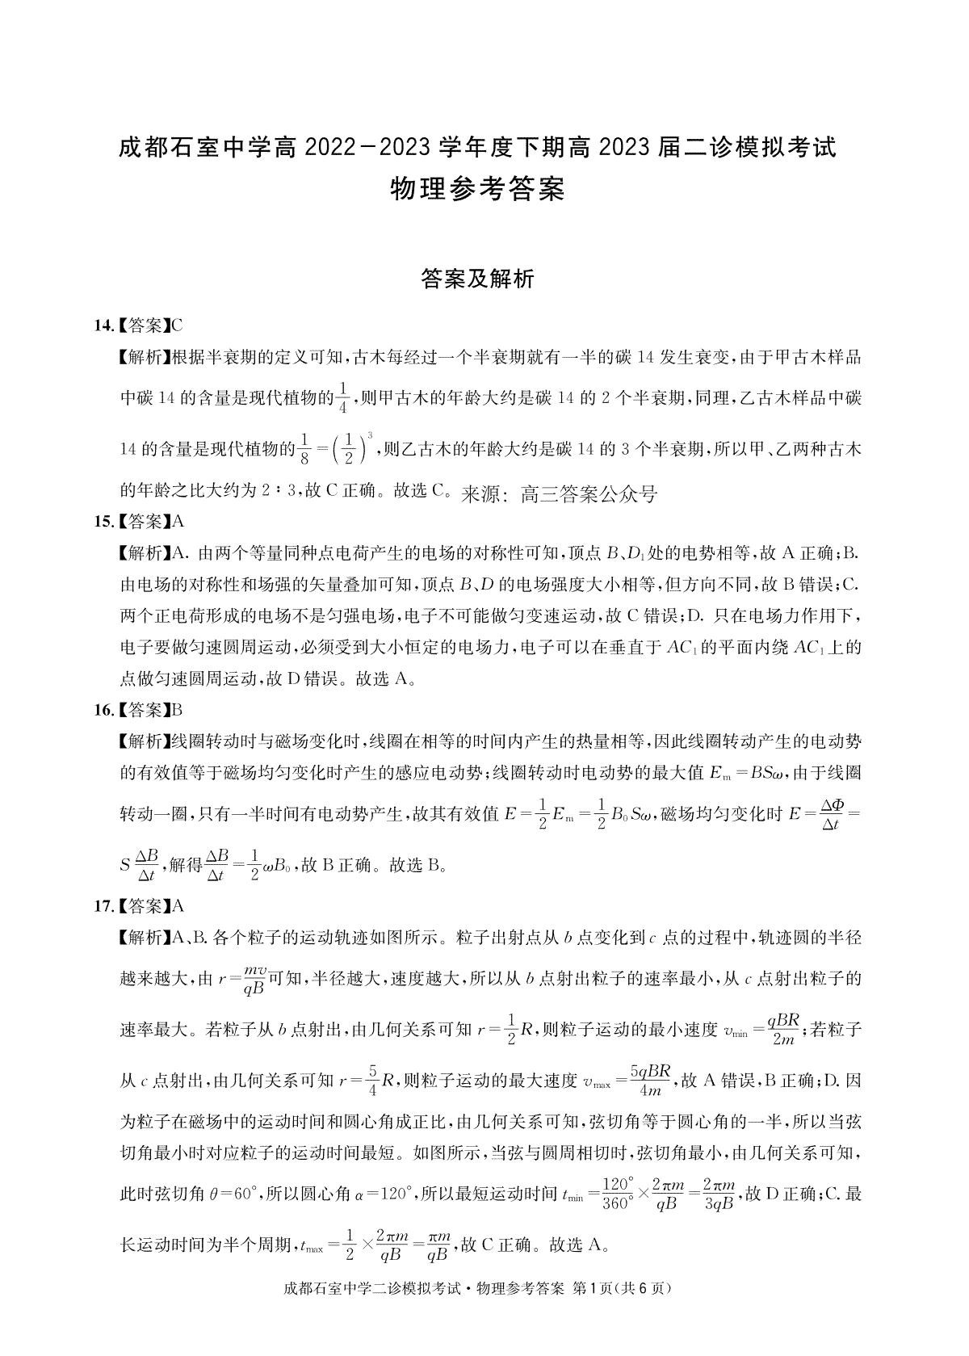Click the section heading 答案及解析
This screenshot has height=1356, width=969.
tap(477, 279)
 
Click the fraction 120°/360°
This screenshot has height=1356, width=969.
tap(617, 1193)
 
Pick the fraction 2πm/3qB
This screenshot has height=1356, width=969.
tap(718, 1193)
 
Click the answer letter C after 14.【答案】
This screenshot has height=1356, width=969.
tap(177, 326)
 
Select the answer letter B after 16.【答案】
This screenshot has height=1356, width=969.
tap(177, 711)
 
